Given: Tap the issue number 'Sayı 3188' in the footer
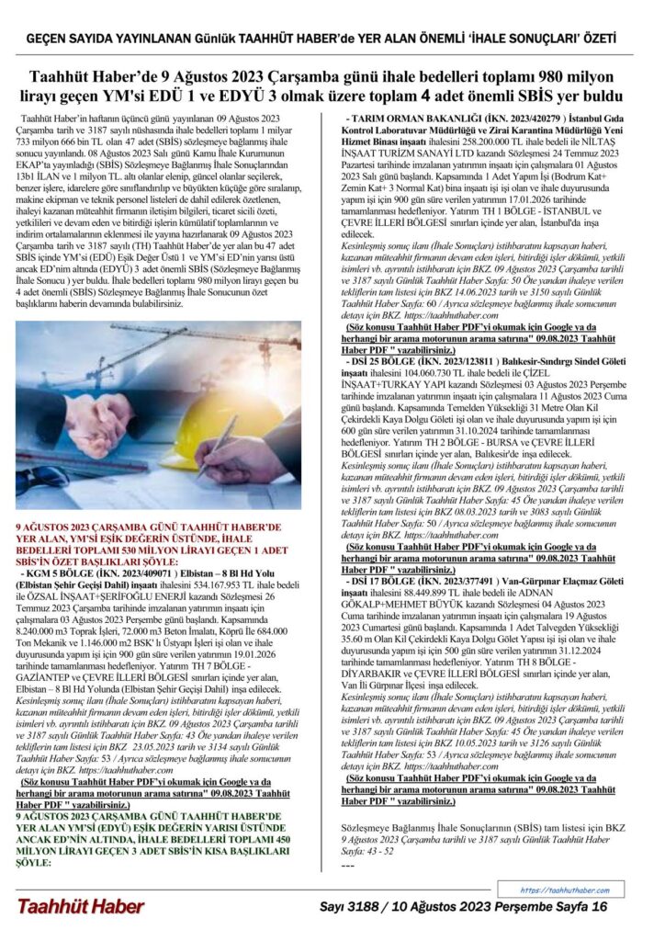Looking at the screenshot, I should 350,906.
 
